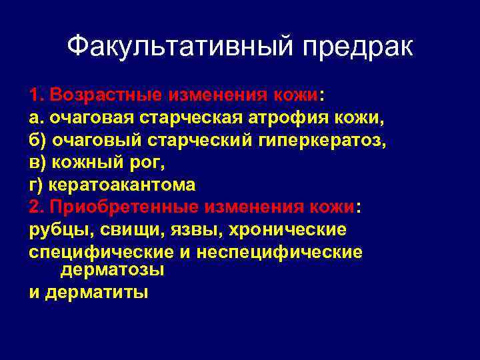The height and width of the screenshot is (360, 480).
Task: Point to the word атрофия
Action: [x=301, y=117]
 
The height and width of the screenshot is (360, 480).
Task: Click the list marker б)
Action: [x=37, y=140]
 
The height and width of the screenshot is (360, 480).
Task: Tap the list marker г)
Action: [x=35, y=185]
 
